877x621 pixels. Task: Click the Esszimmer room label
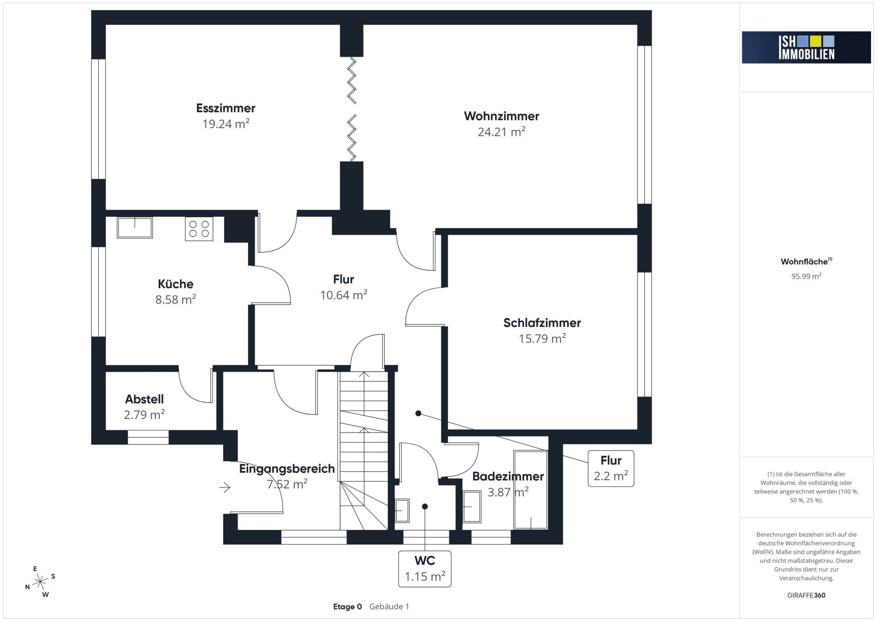tap(226, 108)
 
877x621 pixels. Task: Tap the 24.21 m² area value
tap(502, 132)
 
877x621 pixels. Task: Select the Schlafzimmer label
tap(542, 323)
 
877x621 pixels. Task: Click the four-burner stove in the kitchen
tap(199, 229)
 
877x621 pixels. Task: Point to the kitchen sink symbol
tap(135, 227)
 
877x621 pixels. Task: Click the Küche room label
tap(175, 284)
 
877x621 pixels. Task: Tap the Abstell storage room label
tap(144, 399)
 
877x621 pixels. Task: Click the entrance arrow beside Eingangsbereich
tap(225, 487)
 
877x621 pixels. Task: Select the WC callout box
tap(425, 569)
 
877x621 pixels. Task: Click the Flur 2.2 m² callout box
tap(611, 469)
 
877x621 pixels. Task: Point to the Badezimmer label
tap(508, 476)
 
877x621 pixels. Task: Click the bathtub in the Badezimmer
tap(531, 490)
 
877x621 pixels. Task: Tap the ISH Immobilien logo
tap(806, 47)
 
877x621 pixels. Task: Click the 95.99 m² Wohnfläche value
tap(807, 276)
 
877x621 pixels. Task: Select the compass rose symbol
tap(41, 582)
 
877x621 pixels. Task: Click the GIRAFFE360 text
tap(806, 595)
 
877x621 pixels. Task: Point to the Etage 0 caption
tap(348, 607)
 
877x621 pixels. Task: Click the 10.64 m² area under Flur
tap(343, 295)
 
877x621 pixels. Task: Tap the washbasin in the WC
tap(402, 510)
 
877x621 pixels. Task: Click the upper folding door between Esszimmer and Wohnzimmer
tap(352, 80)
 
